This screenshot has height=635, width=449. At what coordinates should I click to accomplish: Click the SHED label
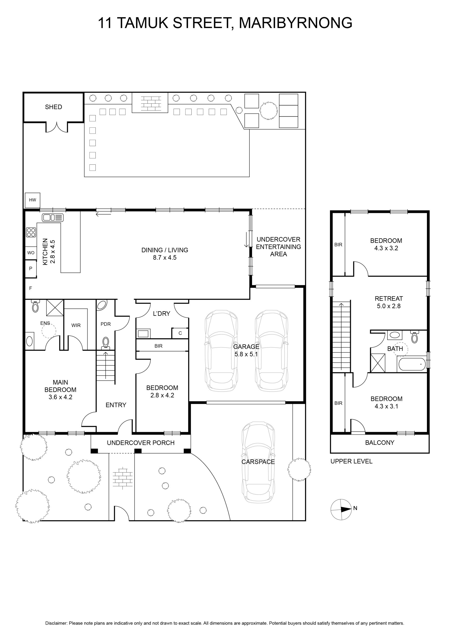click(53, 107)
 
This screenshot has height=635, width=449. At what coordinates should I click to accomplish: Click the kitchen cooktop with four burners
click(31, 232)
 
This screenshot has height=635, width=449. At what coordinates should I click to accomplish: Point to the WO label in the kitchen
click(31, 253)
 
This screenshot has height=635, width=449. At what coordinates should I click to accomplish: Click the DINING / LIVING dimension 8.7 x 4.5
click(165, 258)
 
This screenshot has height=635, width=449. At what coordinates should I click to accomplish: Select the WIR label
click(76, 325)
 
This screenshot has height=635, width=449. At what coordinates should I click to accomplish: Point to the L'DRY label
click(161, 314)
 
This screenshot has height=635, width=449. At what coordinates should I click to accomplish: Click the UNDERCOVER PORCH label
click(141, 443)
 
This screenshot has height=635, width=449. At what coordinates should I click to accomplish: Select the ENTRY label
click(116, 405)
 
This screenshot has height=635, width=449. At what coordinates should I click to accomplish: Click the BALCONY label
click(380, 443)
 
